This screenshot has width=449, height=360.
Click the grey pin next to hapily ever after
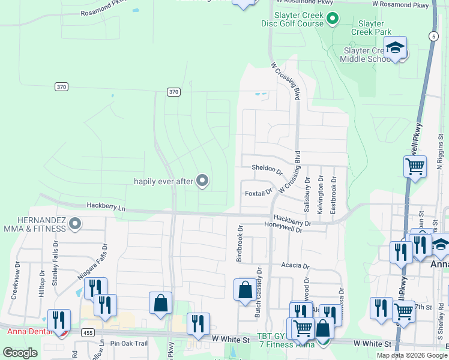pos(202,180)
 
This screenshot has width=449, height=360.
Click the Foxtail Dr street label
pos(259,193)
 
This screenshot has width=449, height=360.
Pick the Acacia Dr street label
pos(294,265)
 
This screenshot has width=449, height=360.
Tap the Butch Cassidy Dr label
pos(259,292)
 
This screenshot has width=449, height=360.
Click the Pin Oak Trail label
pos(129,343)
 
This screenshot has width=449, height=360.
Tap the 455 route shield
pos(88,332)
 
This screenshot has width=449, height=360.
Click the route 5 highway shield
pos(433,36)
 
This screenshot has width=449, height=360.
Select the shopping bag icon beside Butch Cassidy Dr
pos(245,290)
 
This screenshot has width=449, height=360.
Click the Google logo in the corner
pos(20,353)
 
